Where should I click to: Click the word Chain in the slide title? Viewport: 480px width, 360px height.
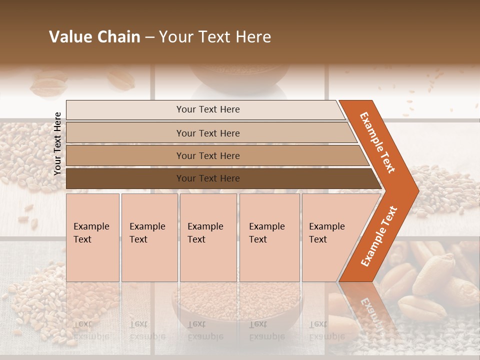click(118, 37)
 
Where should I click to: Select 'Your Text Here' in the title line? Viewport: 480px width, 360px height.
click(214, 37)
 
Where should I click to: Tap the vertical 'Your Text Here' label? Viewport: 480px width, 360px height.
click(57, 143)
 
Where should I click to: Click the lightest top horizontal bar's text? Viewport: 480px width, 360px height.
click(208, 109)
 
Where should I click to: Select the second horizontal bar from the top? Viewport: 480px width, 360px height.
click(208, 133)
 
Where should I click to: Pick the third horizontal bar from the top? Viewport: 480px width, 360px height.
click(208, 155)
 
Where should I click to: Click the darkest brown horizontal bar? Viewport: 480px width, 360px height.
click(208, 178)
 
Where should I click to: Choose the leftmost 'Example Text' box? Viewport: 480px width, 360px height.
click(92, 237)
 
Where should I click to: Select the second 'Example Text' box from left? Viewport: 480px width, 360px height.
click(149, 237)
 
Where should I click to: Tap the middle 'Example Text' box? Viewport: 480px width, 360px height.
click(208, 237)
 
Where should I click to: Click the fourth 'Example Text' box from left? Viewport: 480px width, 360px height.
click(269, 237)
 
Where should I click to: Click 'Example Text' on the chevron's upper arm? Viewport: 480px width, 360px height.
click(378, 142)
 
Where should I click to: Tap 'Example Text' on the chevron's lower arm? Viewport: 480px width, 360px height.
click(379, 236)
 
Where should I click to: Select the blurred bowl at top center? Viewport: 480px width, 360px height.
click(240, 75)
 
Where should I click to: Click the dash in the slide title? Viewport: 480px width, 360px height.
click(149, 37)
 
